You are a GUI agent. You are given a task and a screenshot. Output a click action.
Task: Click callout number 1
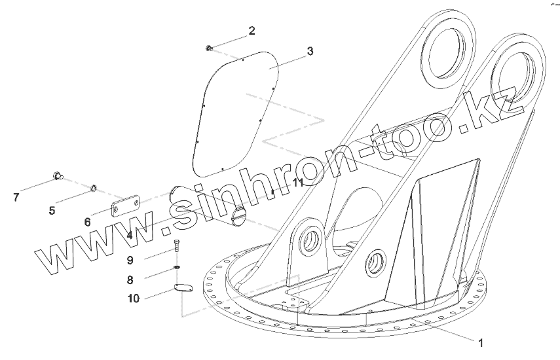coord(481,342)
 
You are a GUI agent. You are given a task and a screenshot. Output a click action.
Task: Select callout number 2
coord(252,31)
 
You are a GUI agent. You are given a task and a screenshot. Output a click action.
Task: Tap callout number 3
coord(310,51)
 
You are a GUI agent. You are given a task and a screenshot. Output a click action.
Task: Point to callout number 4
coord(130,234)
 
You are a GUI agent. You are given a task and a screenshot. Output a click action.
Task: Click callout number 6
coord(87,222)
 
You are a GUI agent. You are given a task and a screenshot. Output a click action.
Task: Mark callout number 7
coord(16,196)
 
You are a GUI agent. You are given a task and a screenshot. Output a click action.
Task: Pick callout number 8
coord(130,279)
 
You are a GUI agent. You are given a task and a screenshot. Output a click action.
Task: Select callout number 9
coord(130,260)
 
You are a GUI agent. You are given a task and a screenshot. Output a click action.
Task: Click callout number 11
coord(297,183)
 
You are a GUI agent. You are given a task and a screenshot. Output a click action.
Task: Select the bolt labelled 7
coord(58,175)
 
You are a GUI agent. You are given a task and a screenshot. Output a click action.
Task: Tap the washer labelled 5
coord(93,190)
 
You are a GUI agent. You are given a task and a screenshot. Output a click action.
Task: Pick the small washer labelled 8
coord(177,267)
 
